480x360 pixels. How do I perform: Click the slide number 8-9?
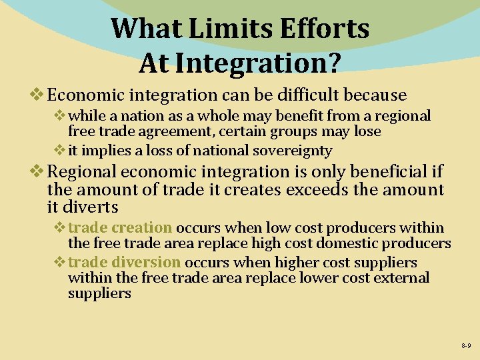(465, 346)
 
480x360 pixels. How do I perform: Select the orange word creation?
(142, 228)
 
